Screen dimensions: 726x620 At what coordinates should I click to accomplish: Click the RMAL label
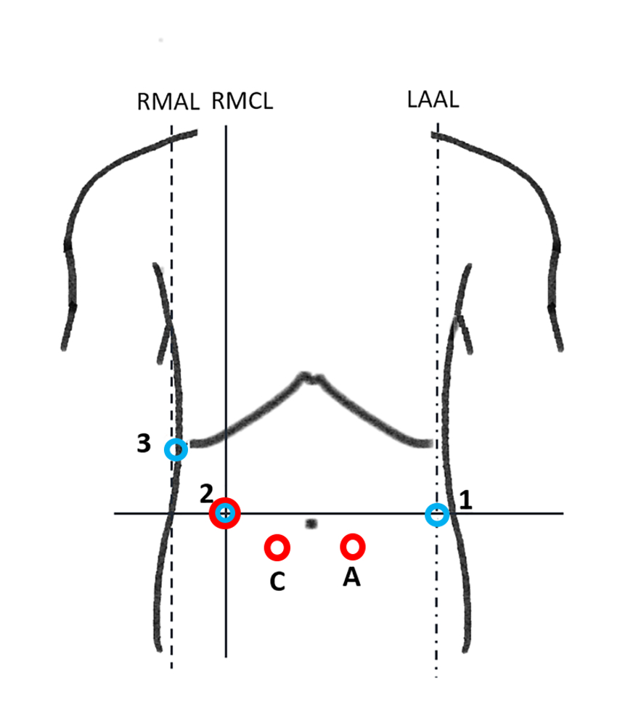click(x=168, y=102)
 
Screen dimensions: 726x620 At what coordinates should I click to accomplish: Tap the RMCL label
click(x=242, y=101)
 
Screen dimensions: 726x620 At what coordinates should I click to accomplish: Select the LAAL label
click(x=433, y=99)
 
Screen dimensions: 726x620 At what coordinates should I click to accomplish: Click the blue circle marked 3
click(x=176, y=449)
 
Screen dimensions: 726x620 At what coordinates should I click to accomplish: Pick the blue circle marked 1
click(x=437, y=515)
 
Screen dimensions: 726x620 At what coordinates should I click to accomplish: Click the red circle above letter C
click(x=277, y=548)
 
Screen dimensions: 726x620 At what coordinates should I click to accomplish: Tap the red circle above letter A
click(x=353, y=546)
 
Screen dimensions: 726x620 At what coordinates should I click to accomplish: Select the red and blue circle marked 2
click(x=226, y=514)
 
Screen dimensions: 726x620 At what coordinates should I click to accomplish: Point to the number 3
click(x=144, y=444)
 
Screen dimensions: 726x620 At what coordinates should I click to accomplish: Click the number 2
click(x=206, y=494)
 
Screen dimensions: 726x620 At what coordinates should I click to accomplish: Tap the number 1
click(x=465, y=499)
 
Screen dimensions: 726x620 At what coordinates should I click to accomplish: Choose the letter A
click(x=352, y=577)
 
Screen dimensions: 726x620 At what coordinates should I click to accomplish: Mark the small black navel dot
click(x=311, y=523)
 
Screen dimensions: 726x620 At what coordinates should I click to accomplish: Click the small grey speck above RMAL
click(x=160, y=40)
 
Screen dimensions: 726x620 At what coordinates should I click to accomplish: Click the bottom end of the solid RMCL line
click(x=226, y=656)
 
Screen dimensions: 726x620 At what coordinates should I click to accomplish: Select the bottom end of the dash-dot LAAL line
click(x=436, y=677)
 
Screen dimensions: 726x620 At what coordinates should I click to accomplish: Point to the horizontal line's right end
click(x=563, y=514)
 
